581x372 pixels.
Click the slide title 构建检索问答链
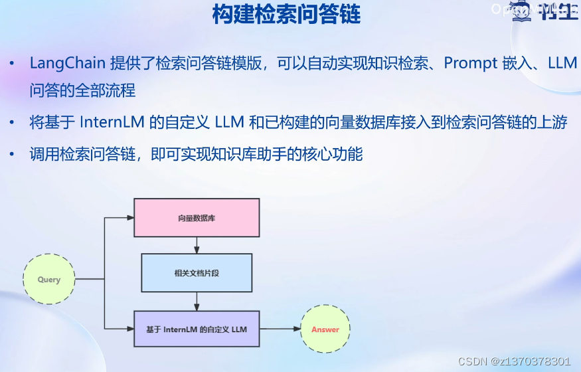[286, 15]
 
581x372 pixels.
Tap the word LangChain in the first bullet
[68, 63]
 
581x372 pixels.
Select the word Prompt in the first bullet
[471, 63]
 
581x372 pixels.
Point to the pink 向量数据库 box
[197, 218]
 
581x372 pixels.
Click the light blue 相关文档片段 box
[197, 272]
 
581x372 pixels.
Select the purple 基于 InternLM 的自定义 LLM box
[197, 329]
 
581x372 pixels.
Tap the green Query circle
[49, 280]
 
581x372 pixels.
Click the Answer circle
[325, 329]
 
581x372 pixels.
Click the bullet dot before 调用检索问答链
[13, 155]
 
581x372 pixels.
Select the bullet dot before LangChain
[13, 64]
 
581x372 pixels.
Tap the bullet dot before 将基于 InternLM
[13, 124]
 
